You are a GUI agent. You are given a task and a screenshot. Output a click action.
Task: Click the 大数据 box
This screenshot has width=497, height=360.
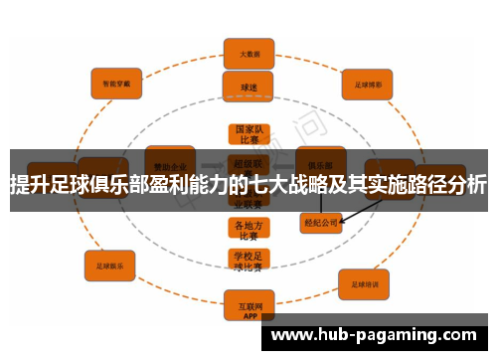click(248, 51)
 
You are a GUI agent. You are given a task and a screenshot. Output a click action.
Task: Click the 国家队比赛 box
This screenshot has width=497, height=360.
click(248, 134)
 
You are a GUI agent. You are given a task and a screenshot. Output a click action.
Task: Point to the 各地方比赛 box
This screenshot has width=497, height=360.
click(248, 230)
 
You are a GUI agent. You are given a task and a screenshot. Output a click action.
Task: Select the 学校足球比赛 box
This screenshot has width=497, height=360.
click(248, 261)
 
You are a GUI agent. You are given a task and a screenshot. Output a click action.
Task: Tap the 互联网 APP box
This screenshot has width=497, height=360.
click(248, 302)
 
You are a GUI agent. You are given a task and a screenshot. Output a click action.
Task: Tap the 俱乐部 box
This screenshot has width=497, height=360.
click(320, 159)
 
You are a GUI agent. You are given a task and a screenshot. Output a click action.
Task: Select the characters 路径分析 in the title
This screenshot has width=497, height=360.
click(447, 185)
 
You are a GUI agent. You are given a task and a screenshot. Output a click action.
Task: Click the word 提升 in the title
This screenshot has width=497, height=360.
click(28, 185)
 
